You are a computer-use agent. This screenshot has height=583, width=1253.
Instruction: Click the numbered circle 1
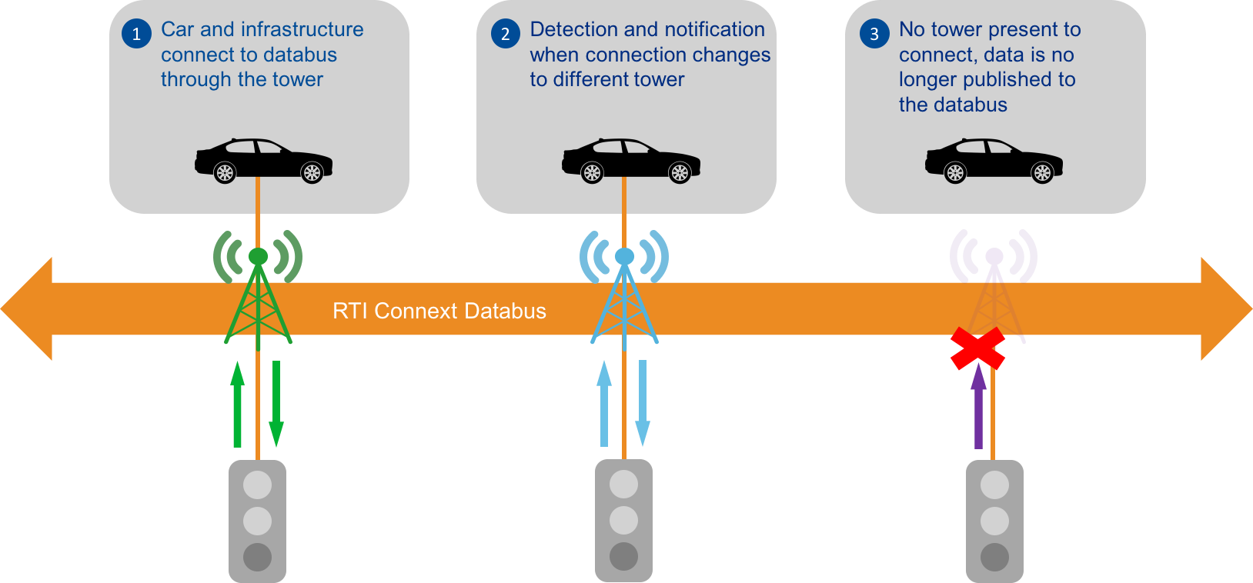pos(136,34)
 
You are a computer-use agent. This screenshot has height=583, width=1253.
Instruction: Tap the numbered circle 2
pos(505,34)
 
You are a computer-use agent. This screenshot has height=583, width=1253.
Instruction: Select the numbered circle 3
pos(874,34)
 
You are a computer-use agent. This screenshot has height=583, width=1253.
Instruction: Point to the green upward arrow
pos(237,404)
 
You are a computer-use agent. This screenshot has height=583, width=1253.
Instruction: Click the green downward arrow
pos(276,404)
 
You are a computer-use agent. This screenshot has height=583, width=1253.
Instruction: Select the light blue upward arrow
pos(604,404)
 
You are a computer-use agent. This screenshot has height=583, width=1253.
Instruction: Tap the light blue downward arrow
pos(643,404)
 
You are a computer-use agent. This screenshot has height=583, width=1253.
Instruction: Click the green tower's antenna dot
pos(258,256)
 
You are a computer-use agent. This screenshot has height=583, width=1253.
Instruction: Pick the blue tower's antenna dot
pos(624,256)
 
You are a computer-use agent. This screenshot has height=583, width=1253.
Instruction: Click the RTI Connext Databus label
pos(439,311)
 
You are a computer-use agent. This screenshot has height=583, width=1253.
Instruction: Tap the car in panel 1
pos(263,160)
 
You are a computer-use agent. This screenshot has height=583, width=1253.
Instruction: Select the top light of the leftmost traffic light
pos(257,485)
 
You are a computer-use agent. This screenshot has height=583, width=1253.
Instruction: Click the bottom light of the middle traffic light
pos(623,556)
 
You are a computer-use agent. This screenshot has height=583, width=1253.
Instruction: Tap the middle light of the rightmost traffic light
pos(994,521)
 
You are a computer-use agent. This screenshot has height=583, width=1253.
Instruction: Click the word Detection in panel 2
pos(573,29)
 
